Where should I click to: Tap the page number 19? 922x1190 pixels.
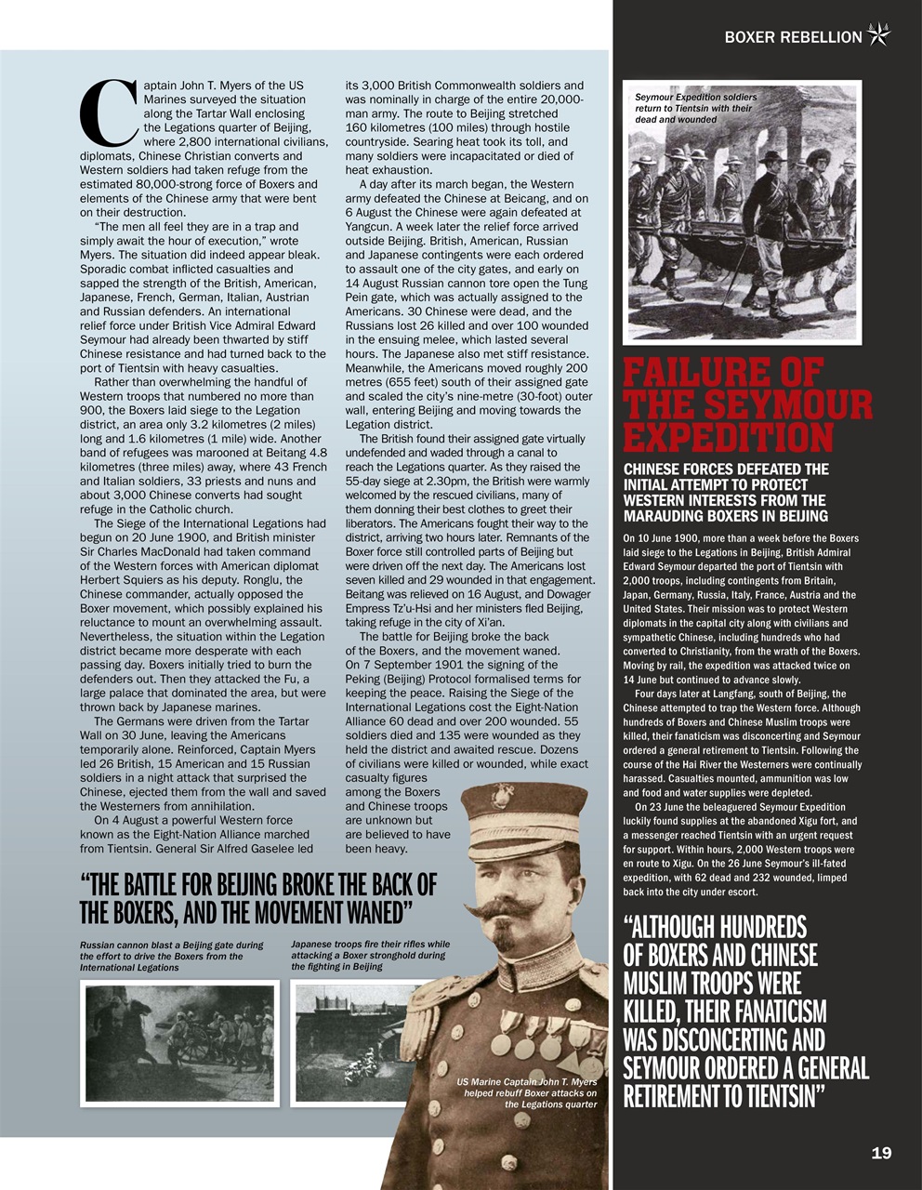pyautogui.click(x=881, y=1153)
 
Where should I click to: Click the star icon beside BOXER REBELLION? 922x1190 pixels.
pyautogui.click(x=878, y=35)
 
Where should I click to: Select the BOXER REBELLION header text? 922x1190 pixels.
pyautogui.click(x=793, y=37)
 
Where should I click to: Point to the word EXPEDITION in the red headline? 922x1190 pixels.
pyautogui.click(x=728, y=437)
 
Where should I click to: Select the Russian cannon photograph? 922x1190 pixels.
pyautogui.click(x=180, y=1043)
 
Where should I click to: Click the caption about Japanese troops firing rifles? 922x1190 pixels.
pyautogui.click(x=370, y=955)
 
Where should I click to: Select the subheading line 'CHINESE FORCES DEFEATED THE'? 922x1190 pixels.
pyautogui.click(x=725, y=469)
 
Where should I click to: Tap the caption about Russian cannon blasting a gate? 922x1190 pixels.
pyautogui.click(x=172, y=955)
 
